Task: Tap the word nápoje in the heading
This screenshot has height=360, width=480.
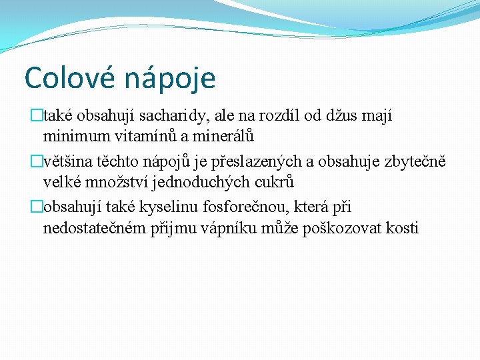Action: click(x=170, y=79)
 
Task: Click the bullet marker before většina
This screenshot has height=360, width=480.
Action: click(x=37, y=161)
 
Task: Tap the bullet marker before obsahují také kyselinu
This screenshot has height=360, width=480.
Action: click(x=37, y=207)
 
